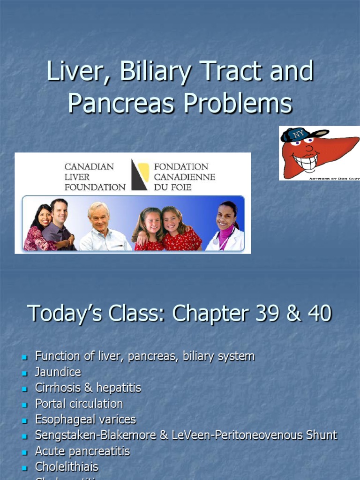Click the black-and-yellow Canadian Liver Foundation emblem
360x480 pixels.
click(140, 175)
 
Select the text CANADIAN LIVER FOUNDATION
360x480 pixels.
click(95, 177)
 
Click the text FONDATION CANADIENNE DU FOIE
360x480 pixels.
click(184, 177)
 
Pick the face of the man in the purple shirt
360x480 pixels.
click(59, 211)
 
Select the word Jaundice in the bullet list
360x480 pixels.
click(58, 372)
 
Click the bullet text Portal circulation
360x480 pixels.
click(79, 404)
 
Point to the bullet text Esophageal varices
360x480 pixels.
click(85, 420)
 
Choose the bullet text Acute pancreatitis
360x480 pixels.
click(82, 451)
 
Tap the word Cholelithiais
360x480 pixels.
click(67, 467)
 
